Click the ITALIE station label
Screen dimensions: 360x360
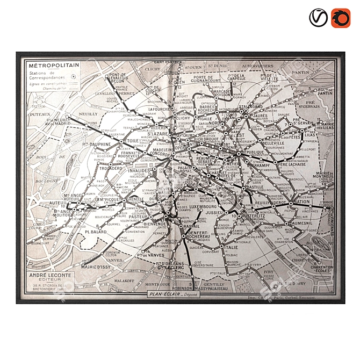(x=231, y=247)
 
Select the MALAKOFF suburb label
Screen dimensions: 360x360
(x=124, y=280)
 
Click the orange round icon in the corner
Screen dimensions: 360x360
(x=340, y=18)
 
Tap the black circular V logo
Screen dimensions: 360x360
(x=318, y=18)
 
